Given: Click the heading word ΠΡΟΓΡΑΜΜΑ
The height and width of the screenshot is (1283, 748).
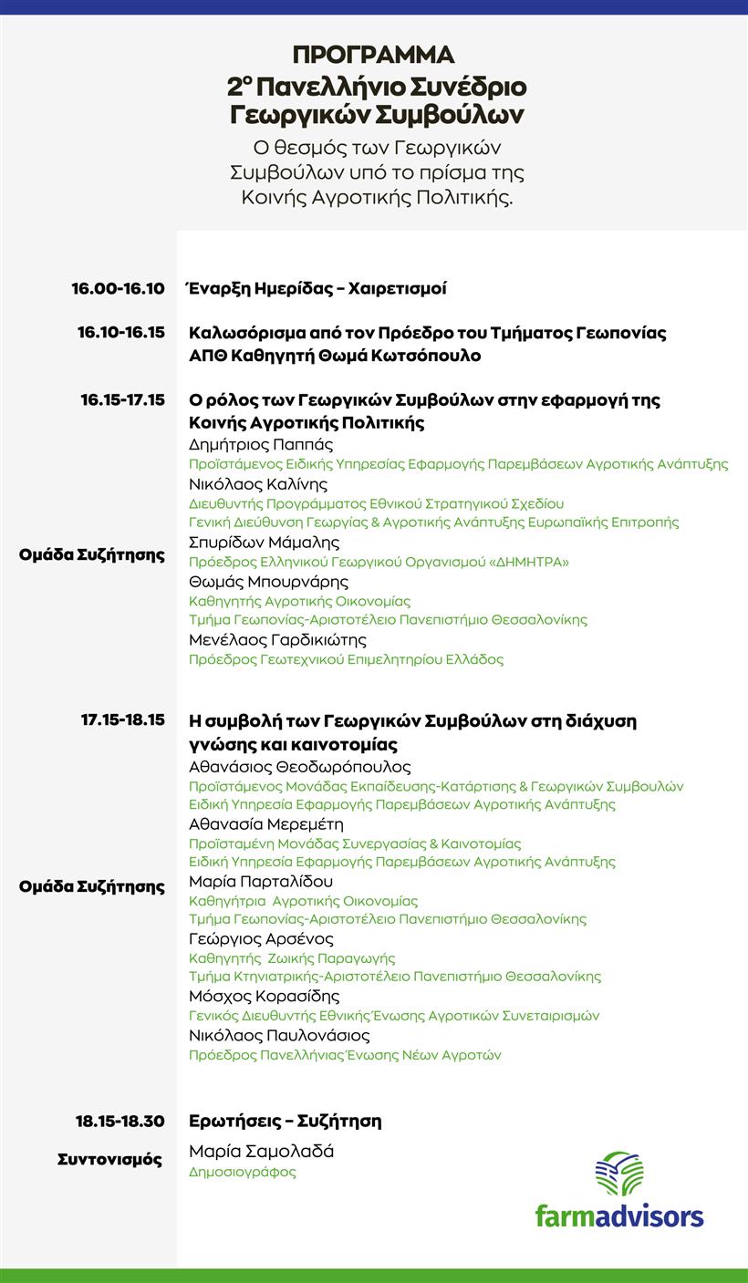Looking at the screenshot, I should coord(374,55).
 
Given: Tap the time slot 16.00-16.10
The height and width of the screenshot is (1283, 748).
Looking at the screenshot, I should coord(119,289).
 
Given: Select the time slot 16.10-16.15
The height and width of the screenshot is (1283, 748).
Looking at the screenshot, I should coord(121,333).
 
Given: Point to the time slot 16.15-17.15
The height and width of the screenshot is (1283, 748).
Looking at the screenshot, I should coord(122,400).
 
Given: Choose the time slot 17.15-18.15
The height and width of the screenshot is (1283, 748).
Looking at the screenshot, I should coord(122,720).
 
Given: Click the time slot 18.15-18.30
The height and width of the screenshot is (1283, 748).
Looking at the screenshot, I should coord(120,1121).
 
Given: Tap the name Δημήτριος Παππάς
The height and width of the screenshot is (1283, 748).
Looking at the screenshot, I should coord(261,445).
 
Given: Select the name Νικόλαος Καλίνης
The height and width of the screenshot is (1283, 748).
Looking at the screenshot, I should coord(258,484).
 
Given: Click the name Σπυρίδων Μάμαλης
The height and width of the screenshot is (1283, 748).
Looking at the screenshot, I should coord(264,543).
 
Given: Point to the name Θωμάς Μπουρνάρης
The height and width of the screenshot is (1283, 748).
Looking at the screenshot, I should coord(268,582).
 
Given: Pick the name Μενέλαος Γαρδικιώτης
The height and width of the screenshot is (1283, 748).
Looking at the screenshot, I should coord(277,640).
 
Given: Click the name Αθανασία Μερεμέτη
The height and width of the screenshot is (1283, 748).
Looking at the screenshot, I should coord(265,824).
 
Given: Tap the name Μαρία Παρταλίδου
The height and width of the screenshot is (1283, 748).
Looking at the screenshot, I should coord(261,882).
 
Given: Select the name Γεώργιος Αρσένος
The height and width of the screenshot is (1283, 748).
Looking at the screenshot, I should coord(261,939).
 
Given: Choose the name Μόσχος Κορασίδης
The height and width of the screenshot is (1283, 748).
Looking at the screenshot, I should coord(264,997).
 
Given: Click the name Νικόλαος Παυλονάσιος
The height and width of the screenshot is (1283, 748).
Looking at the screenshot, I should coord(279,1036).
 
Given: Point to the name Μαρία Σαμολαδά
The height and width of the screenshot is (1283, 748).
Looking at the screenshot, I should coord(261,1152).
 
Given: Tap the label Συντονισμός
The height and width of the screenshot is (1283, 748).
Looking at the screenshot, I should coord(109,1160).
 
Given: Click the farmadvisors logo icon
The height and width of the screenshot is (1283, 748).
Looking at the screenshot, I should coord(619,1174).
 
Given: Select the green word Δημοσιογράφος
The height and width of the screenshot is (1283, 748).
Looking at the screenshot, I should coord(243,1173).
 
